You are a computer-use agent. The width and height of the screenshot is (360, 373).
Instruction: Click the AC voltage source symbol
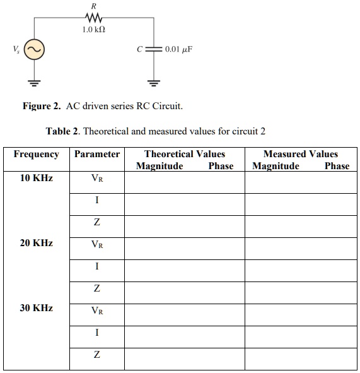(x=33, y=49)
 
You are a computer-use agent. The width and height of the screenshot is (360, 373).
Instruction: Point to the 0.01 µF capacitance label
(x=178, y=49)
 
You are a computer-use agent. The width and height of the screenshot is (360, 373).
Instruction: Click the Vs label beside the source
(x=15, y=49)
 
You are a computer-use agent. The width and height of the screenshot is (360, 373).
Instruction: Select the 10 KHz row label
(x=37, y=178)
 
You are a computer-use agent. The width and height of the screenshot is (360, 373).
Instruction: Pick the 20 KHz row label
(x=37, y=243)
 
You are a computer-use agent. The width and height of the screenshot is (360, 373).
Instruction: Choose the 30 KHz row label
(x=37, y=308)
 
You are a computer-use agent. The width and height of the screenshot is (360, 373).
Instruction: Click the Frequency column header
(x=37, y=154)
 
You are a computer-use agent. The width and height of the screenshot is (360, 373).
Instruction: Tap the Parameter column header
(x=96, y=154)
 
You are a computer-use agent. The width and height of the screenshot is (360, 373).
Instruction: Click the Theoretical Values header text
(x=184, y=154)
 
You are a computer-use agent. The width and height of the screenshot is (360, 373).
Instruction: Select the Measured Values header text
(x=300, y=154)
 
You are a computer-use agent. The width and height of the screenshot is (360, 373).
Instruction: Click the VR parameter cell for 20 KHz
(x=96, y=244)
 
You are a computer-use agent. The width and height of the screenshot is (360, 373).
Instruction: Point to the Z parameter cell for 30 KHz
(x=96, y=355)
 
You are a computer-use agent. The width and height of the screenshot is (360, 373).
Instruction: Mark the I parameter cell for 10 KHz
(x=96, y=201)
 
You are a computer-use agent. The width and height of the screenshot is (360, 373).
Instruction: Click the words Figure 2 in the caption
(x=42, y=106)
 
